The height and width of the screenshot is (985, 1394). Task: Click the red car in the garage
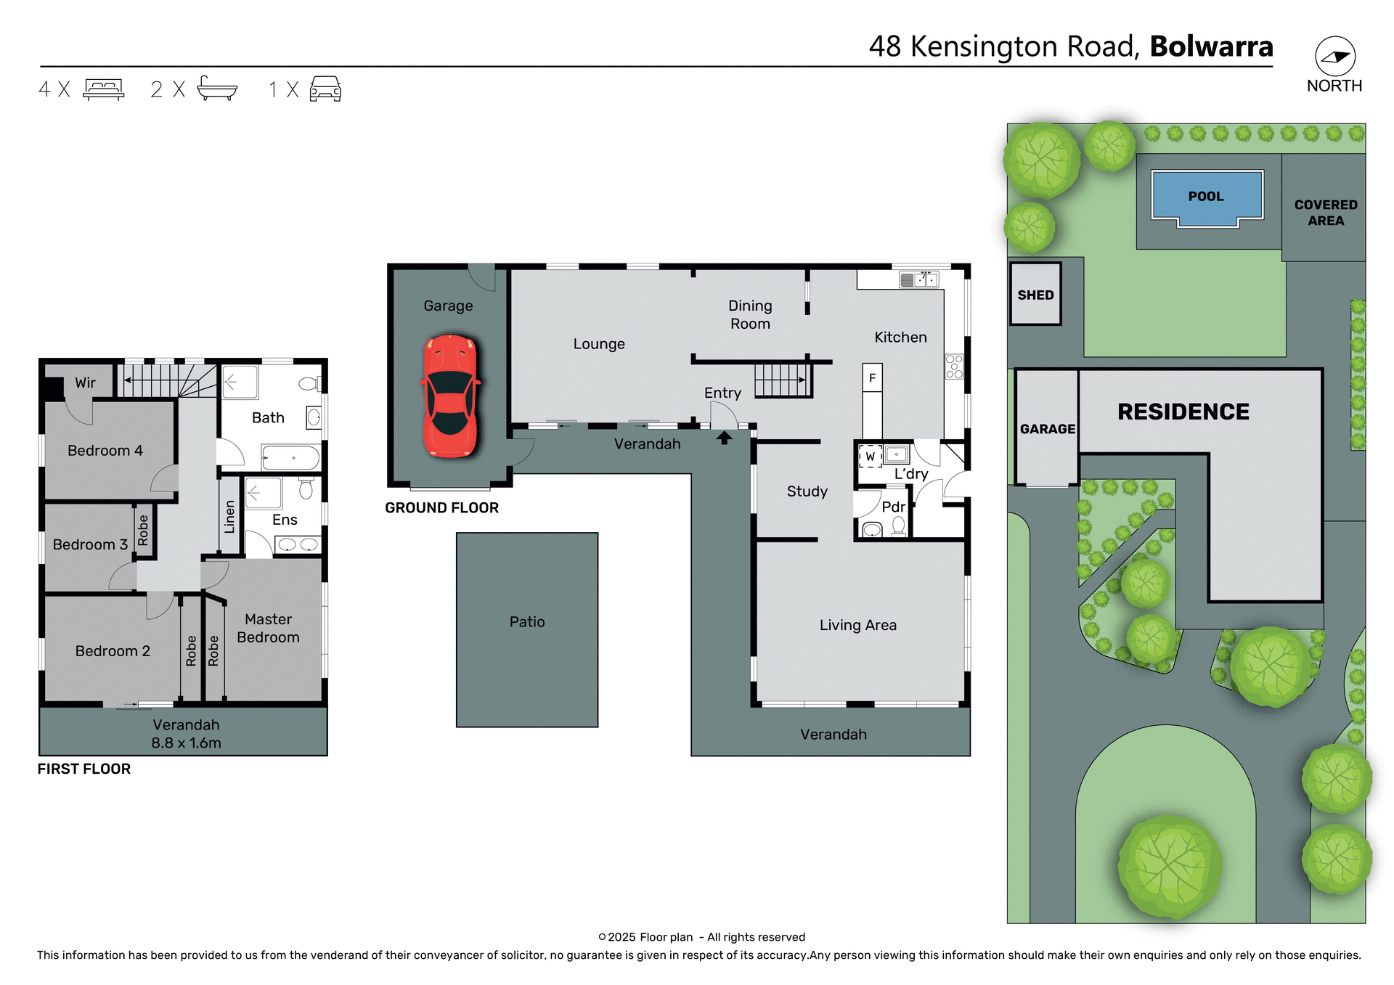(450, 396)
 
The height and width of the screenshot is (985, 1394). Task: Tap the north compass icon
(1334, 57)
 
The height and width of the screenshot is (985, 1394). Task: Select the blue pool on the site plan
(1206, 196)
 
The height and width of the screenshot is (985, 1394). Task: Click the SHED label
(1035, 295)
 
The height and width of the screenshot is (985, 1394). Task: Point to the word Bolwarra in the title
(1211, 46)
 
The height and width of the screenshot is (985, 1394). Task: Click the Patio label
(526, 622)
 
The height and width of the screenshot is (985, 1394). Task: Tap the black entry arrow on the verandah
(724, 438)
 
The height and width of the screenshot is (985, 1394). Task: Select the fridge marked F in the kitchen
(872, 377)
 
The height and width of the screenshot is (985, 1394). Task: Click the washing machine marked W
(870, 457)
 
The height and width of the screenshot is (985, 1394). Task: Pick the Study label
(807, 491)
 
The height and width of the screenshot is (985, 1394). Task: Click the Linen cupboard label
(229, 517)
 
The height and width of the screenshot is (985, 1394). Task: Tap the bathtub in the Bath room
(290, 458)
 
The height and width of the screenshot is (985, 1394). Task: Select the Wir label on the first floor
(85, 383)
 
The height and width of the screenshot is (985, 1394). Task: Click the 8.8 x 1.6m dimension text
(186, 743)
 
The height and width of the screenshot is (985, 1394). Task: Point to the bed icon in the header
(104, 89)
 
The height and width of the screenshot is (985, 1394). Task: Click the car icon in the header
(325, 89)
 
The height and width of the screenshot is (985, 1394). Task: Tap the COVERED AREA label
(1325, 213)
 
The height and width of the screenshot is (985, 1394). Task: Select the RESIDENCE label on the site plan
(1183, 412)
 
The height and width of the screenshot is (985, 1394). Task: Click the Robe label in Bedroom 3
(143, 530)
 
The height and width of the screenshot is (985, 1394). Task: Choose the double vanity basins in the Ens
(298, 544)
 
